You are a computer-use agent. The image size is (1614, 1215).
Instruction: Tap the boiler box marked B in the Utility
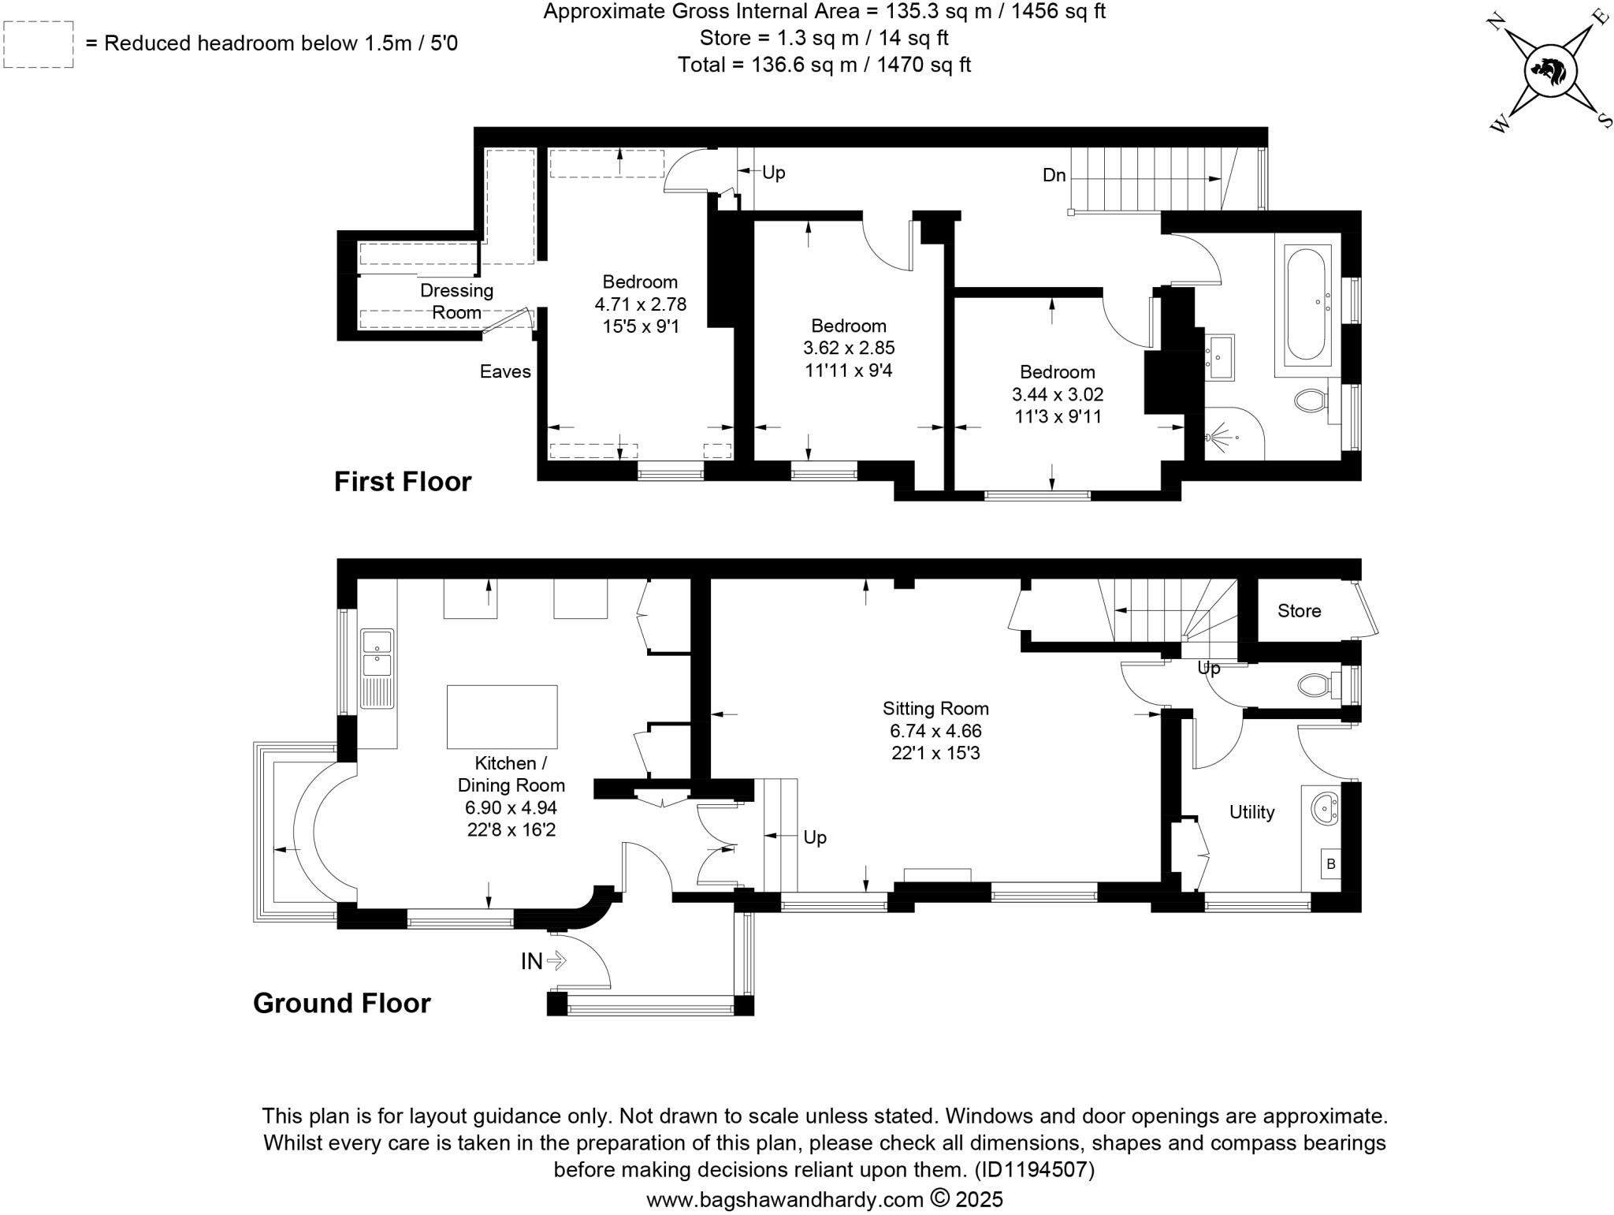click(x=1331, y=864)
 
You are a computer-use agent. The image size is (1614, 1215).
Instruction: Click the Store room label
click(x=1299, y=611)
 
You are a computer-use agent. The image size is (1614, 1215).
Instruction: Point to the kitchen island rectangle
click(x=502, y=717)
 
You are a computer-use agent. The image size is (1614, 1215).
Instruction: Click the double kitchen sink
click(x=377, y=652)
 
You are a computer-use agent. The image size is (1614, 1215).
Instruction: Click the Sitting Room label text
click(x=935, y=708)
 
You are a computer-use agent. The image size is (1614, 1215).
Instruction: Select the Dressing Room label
click(x=456, y=301)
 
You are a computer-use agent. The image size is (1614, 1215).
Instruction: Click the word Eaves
click(x=505, y=371)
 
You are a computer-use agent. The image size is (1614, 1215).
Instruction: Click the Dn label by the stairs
click(x=1054, y=175)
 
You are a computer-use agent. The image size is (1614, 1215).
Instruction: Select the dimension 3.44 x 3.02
click(x=1058, y=394)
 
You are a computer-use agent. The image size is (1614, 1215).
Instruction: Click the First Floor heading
click(x=402, y=482)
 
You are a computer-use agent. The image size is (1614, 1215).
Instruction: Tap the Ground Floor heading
click(x=341, y=1003)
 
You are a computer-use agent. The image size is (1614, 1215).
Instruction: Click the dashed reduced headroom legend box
click(x=39, y=44)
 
